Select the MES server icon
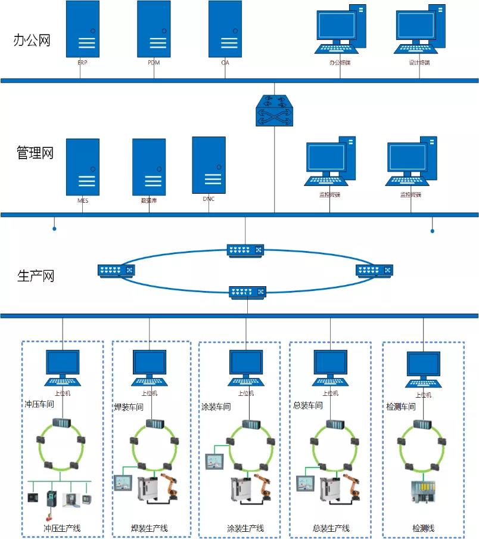[82, 167]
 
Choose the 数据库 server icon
[149, 167]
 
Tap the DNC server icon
[209, 165]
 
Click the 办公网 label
[32, 41]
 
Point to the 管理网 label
[35, 153]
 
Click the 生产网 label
[36, 276]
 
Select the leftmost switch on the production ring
[116, 270]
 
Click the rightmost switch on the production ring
[375, 270]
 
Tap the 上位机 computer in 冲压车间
[63, 368]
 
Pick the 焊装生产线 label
[149, 528]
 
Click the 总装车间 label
[308, 406]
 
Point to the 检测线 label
[424, 528]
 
